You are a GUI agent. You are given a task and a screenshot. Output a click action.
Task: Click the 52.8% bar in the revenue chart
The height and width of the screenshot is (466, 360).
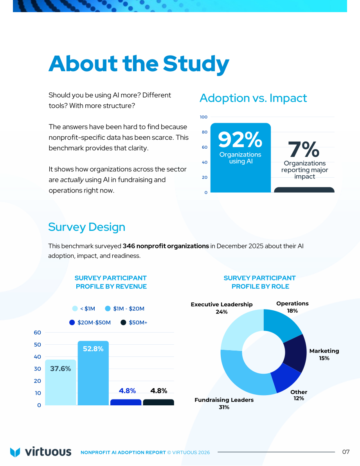(x=93, y=373)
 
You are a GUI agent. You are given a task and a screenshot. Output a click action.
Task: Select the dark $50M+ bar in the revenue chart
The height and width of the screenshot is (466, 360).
(x=158, y=402)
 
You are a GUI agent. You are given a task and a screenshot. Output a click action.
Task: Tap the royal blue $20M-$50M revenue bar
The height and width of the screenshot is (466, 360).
(x=126, y=402)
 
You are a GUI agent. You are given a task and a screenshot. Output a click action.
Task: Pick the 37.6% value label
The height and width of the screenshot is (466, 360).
(x=60, y=369)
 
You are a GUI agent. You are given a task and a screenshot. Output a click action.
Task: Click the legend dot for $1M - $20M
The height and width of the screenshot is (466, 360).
(x=108, y=308)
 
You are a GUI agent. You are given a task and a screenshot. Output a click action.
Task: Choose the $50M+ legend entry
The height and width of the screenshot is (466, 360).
(x=134, y=322)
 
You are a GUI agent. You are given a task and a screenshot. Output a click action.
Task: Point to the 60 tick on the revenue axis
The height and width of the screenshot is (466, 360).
(x=38, y=333)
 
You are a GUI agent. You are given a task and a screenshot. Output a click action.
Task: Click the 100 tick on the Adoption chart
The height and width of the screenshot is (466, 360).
(x=203, y=117)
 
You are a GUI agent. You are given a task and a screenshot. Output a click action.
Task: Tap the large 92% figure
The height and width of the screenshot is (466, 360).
(x=240, y=140)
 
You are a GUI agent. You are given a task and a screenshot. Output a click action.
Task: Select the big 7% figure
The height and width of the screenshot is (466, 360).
(x=304, y=149)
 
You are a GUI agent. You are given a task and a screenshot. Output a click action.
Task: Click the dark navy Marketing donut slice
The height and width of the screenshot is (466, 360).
(x=295, y=353)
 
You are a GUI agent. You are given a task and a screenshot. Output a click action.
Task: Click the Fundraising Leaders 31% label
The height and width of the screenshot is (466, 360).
(x=224, y=403)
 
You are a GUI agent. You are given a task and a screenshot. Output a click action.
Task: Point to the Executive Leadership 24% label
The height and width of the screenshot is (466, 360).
(x=222, y=308)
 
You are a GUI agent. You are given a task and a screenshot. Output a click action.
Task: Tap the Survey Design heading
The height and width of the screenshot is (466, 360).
(x=87, y=227)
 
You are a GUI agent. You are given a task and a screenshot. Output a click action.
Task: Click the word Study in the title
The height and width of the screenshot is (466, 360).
(x=196, y=64)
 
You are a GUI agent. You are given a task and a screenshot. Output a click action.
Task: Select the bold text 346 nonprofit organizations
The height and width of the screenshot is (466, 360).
(x=166, y=246)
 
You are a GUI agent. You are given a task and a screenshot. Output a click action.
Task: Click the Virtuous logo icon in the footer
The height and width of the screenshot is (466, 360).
(x=15, y=452)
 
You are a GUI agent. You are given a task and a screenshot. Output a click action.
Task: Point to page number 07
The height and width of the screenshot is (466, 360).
(x=346, y=452)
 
